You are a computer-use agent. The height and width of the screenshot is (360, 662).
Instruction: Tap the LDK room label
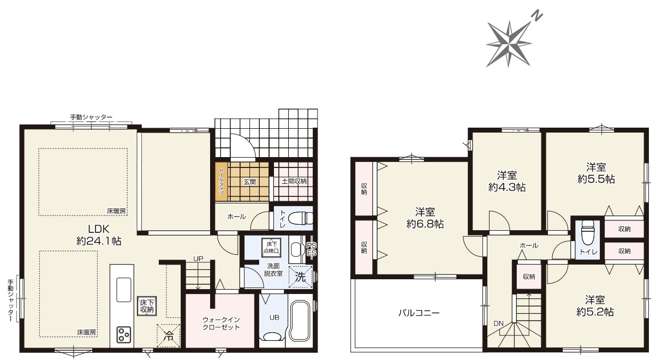click(x=99, y=229)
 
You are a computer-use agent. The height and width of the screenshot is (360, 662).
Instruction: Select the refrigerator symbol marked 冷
click(x=168, y=336)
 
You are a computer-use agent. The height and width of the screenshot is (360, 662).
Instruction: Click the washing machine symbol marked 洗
click(x=301, y=277)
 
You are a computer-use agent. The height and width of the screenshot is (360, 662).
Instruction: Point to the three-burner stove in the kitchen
click(x=123, y=334)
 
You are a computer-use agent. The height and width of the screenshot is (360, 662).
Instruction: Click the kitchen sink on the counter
click(x=123, y=290)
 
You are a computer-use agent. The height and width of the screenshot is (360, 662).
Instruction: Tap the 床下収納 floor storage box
click(x=147, y=306)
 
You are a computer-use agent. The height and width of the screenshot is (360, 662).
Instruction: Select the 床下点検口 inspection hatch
click(x=271, y=248)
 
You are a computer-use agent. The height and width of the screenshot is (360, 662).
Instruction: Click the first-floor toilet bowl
click(x=300, y=219)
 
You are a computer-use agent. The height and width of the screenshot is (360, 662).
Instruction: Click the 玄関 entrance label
click(x=249, y=182)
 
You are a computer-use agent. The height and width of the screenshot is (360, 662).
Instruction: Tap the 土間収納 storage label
click(x=294, y=181)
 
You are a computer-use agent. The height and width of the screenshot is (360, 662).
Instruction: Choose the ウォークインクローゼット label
click(x=221, y=323)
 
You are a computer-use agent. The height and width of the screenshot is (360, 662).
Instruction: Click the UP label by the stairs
click(x=198, y=259)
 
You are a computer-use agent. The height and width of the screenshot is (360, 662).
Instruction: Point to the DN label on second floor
click(x=498, y=323)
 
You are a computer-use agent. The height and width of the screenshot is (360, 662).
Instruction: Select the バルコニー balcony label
click(x=419, y=313)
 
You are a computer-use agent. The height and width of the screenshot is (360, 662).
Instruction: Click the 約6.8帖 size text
click(x=425, y=224)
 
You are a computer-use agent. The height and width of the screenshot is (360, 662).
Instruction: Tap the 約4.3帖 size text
click(x=506, y=188)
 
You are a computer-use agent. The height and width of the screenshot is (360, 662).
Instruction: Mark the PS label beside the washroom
click(x=311, y=245)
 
